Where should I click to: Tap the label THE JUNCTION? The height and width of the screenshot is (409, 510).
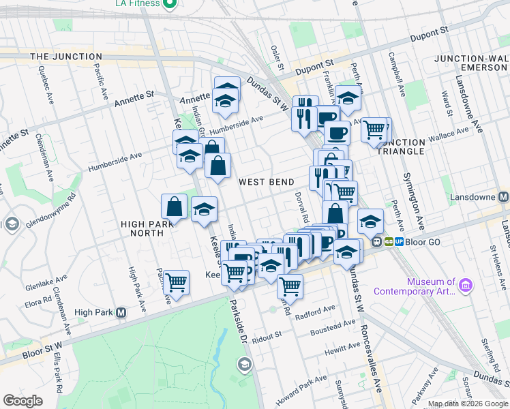pos(66,57)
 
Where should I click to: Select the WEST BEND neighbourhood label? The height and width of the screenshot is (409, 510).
pos(266,182)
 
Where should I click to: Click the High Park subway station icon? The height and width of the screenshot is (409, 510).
pos(121,313)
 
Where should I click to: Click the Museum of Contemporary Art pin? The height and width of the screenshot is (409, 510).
pos(466,284)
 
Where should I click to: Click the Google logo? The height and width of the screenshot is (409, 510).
pos(22,401)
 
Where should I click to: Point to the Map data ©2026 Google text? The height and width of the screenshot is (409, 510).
pos(468,404)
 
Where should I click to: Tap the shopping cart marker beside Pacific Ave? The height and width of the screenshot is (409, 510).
pos(177,282)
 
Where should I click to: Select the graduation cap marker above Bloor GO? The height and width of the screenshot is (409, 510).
pos(370,220)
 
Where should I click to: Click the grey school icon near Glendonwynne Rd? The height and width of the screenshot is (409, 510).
pos(12,224)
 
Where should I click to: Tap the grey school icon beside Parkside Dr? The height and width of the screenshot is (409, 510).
pos(243,365)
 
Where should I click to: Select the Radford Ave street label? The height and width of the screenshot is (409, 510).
pos(320,309)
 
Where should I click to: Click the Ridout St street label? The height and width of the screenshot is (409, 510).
pos(267,336)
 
